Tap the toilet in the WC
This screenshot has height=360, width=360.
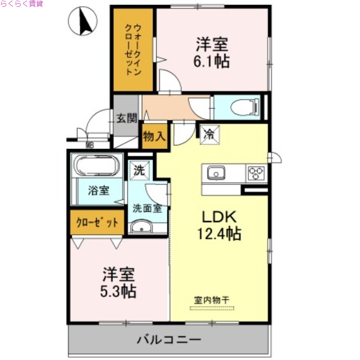click(x=243, y=108)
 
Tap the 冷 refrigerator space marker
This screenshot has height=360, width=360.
click(x=209, y=134)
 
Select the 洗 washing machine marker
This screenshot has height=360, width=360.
click(x=139, y=171)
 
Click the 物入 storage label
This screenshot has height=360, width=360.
click(x=154, y=135)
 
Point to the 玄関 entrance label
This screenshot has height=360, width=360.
click(x=126, y=119)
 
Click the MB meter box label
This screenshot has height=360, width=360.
click(x=90, y=145)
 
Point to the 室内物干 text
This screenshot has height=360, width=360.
click(x=212, y=299)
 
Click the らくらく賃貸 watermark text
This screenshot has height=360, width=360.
click(x=22, y=4)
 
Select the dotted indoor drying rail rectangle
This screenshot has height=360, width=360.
click(x=212, y=309)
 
